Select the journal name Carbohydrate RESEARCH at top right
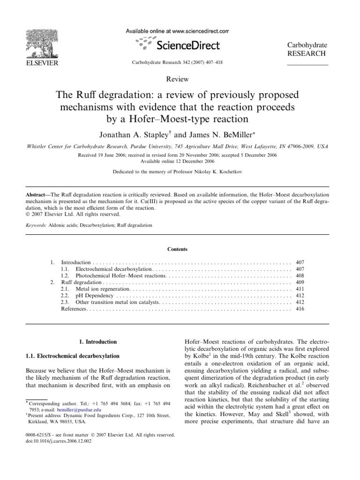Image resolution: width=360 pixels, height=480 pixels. (307, 49)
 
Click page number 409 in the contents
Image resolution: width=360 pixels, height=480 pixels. (300, 283)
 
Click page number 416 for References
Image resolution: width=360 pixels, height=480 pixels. (300, 309)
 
